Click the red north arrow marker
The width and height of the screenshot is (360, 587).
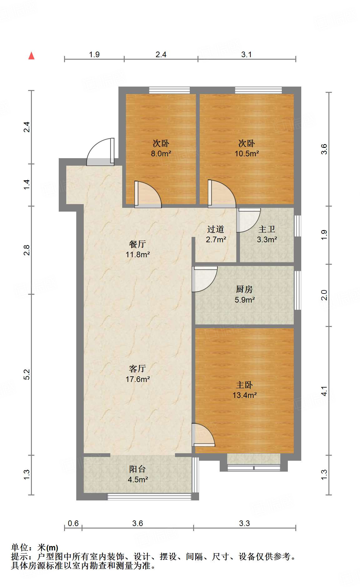coord(31,56)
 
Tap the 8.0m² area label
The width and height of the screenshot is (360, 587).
coord(161,153)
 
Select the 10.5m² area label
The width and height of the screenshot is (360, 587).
coord(247,153)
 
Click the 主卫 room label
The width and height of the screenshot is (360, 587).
coord(267,229)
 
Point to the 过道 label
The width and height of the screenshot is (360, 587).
coord(216,229)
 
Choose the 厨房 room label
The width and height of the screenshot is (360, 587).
coord(244,289)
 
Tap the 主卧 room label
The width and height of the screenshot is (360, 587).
coord(244,385)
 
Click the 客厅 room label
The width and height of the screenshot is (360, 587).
coord(137,369)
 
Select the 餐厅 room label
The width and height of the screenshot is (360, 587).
coord(137,244)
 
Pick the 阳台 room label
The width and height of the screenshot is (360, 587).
coord(137,469)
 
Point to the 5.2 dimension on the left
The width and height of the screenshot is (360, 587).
coord(27,374)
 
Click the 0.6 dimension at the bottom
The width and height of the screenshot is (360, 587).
coord(73,523)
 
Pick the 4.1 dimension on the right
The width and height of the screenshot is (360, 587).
coord(324,391)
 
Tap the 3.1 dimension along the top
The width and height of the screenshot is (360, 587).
coord(247,54)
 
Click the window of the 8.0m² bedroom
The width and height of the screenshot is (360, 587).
coord(169,90)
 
